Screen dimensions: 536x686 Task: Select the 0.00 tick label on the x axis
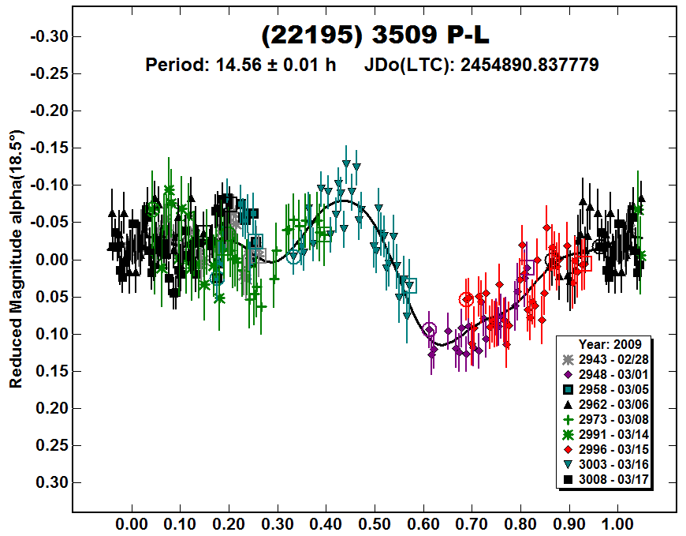click(x=131, y=523)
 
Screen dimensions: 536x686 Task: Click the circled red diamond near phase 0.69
click(x=466, y=299)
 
